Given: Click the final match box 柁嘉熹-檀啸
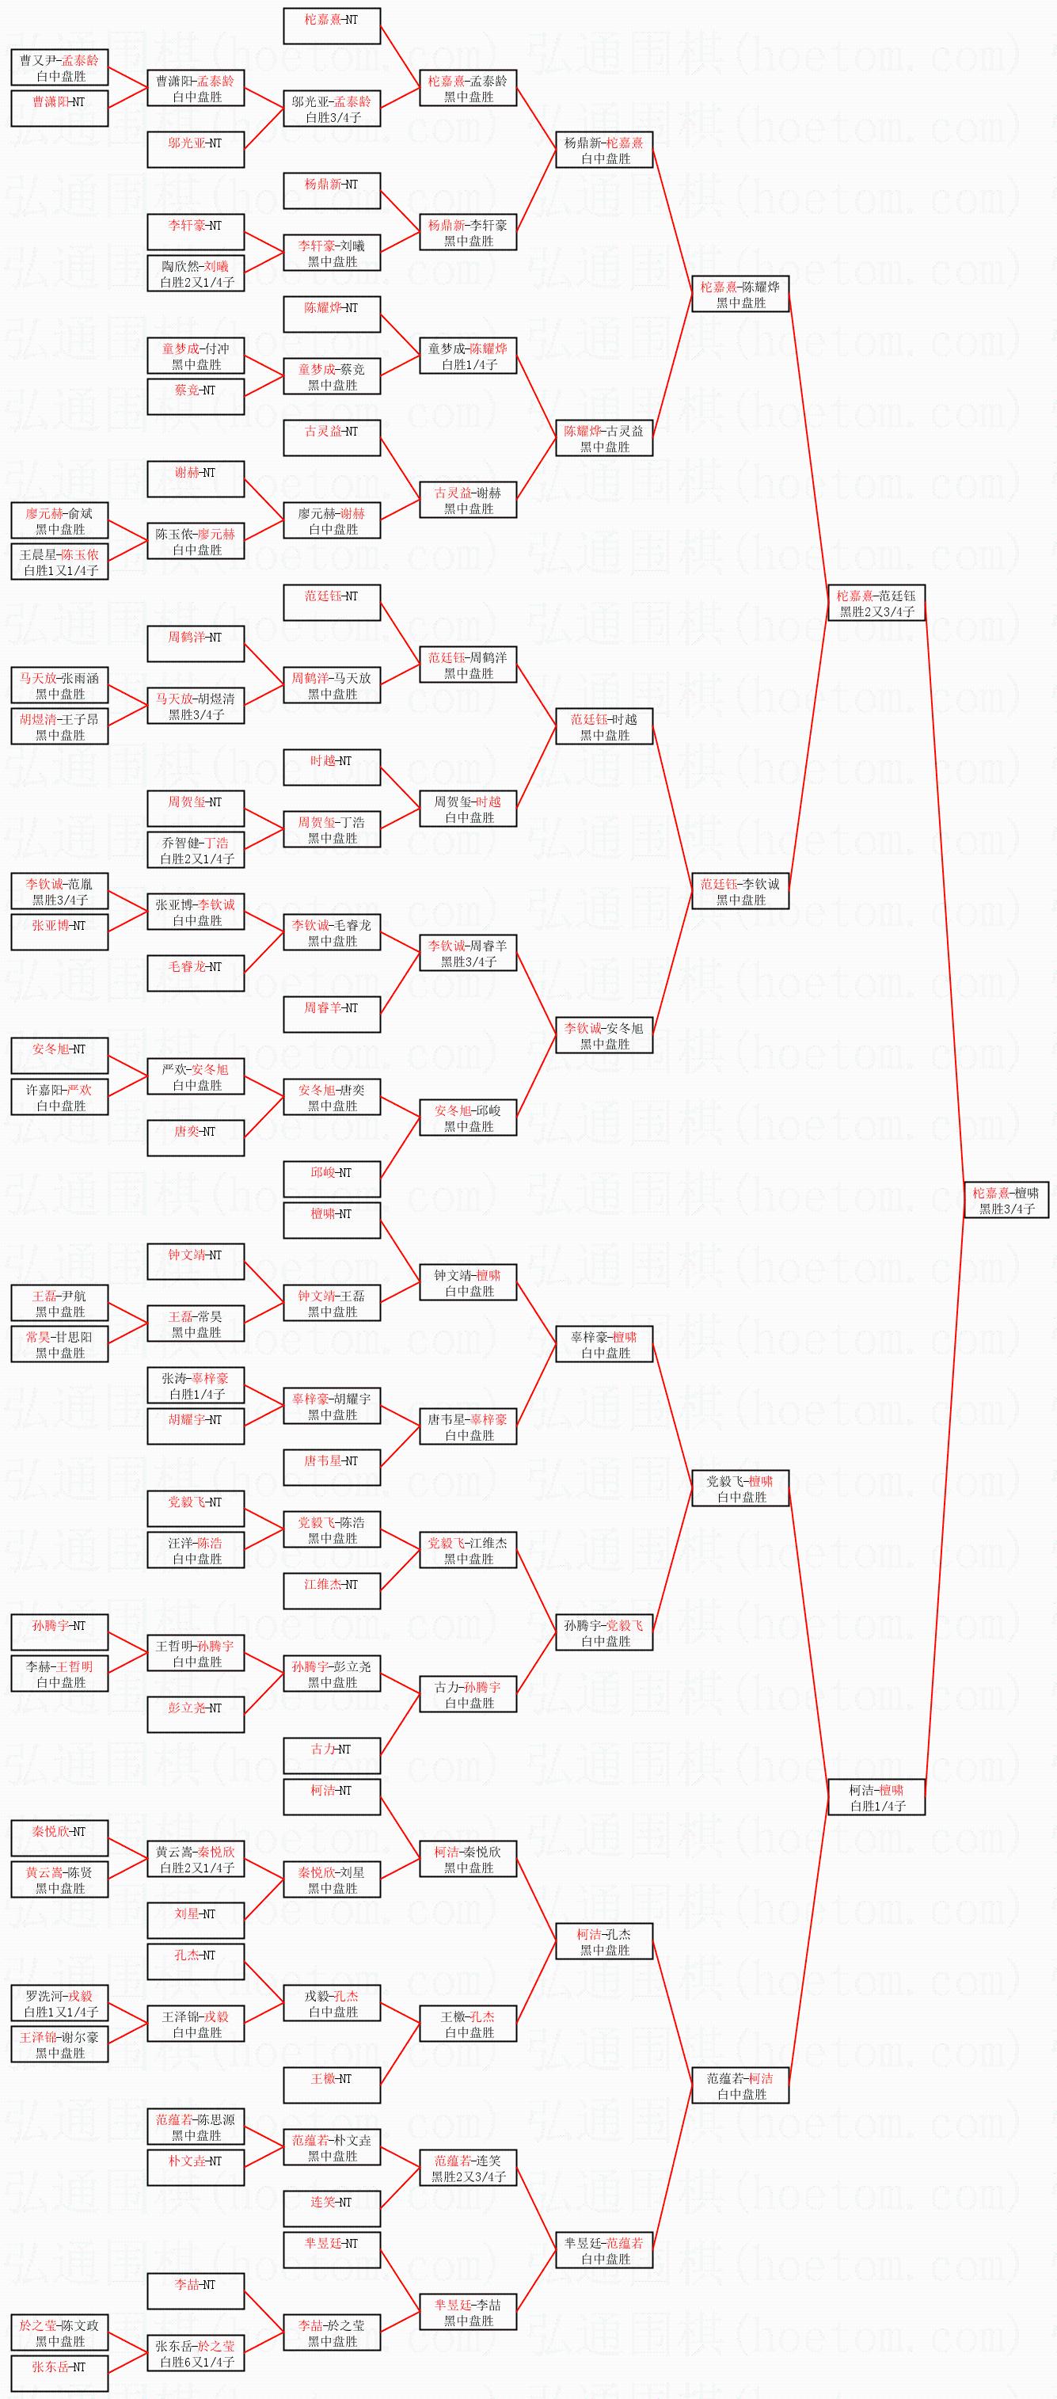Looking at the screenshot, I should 1005,1199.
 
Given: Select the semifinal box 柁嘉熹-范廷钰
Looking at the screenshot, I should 876,603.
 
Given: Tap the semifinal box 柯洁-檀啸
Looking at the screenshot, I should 876,1796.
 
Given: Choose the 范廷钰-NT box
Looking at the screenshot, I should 332,603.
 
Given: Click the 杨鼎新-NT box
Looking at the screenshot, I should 332,191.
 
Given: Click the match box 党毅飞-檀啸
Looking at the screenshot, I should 740,1488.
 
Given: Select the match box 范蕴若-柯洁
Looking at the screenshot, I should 740,2085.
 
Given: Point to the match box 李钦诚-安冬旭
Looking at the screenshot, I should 603,1036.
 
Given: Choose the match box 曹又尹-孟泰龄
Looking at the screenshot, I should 59,68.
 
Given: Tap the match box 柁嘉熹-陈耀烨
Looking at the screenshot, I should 740,295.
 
